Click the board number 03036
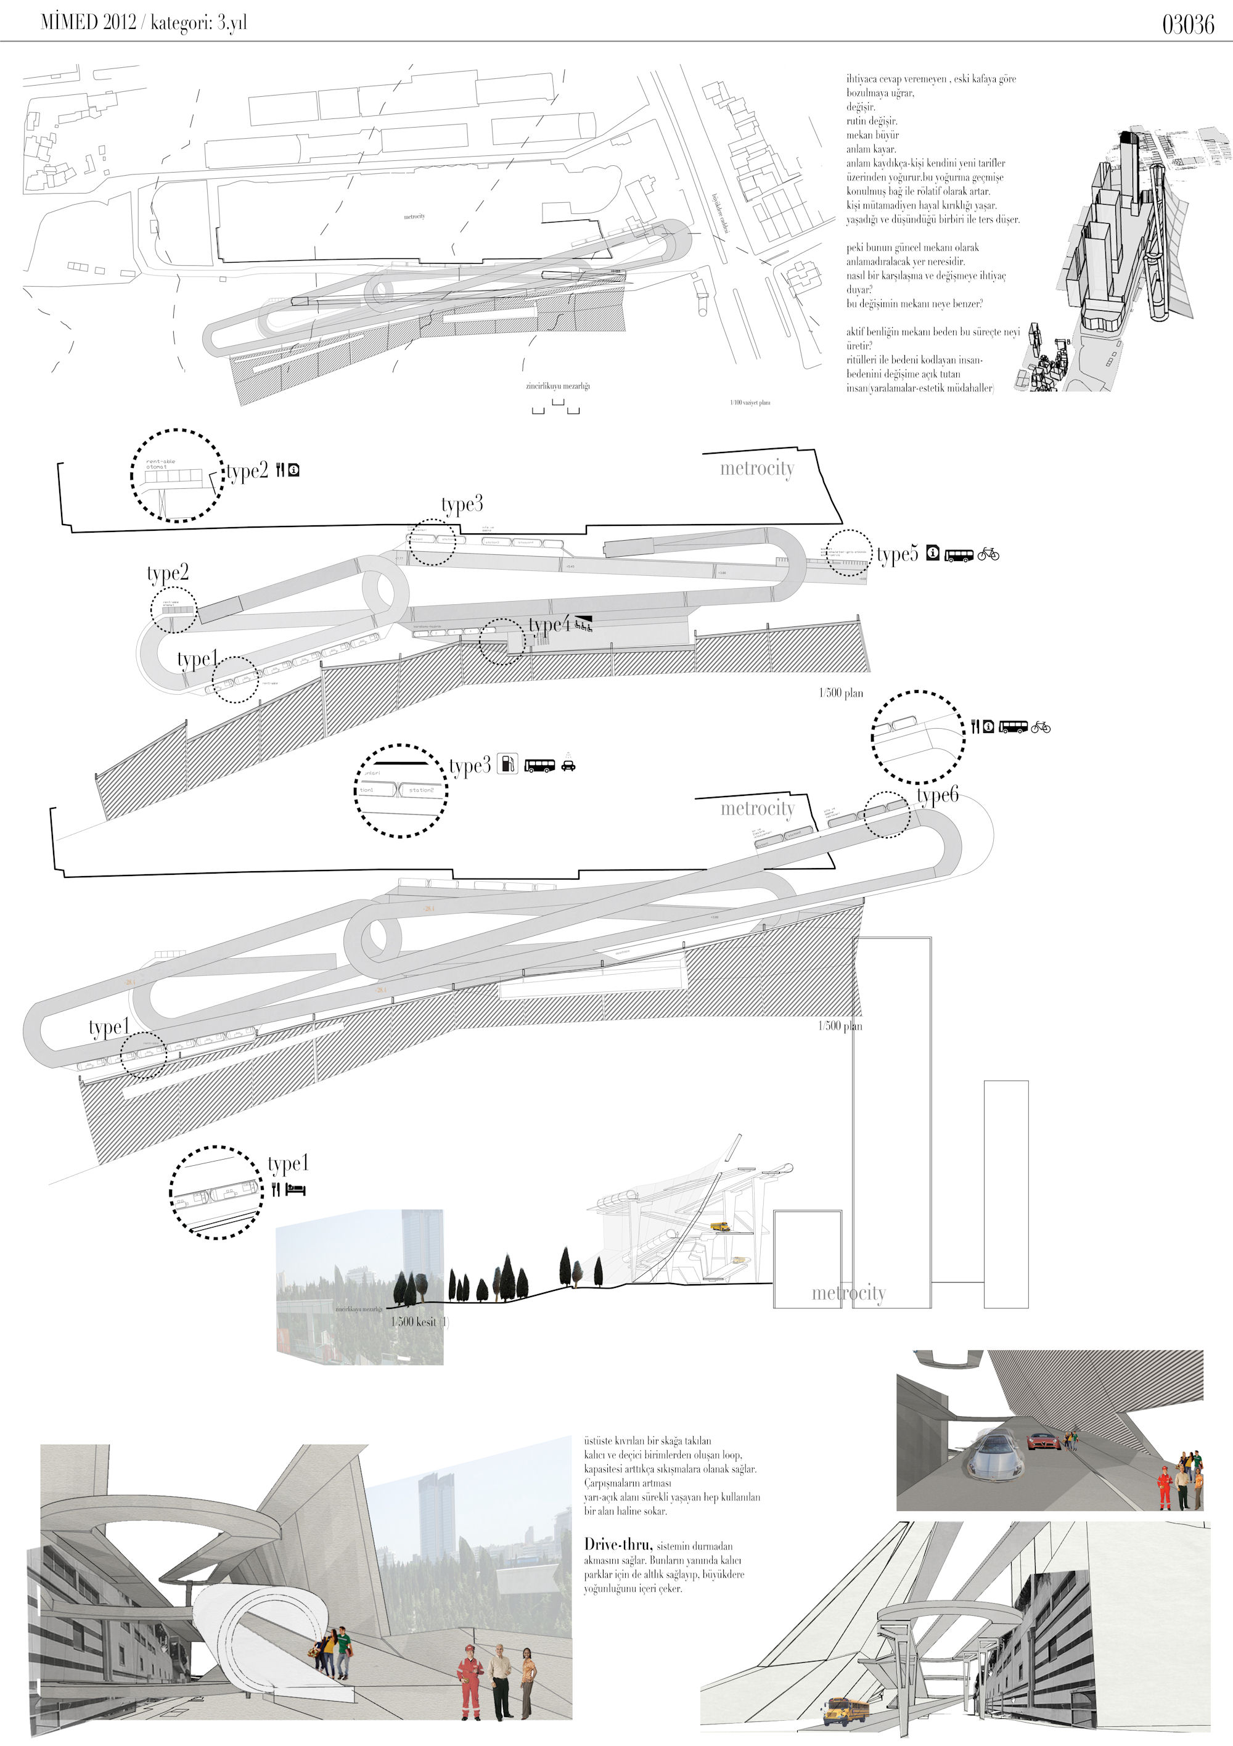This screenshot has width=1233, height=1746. [x=1187, y=24]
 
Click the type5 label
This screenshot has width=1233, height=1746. [x=897, y=555]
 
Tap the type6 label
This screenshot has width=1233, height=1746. [x=937, y=795]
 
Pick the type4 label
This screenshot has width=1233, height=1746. [x=549, y=625]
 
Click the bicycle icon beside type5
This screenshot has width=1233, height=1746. [x=988, y=554]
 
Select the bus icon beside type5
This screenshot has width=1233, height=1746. [x=959, y=555]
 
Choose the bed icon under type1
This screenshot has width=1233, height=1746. [x=295, y=1190]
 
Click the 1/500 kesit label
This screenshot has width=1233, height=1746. [x=414, y=1322]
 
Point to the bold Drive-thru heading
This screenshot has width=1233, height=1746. [x=618, y=1544]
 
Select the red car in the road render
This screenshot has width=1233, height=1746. [x=1040, y=1440]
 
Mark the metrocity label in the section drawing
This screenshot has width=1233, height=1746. [x=848, y=1293]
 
